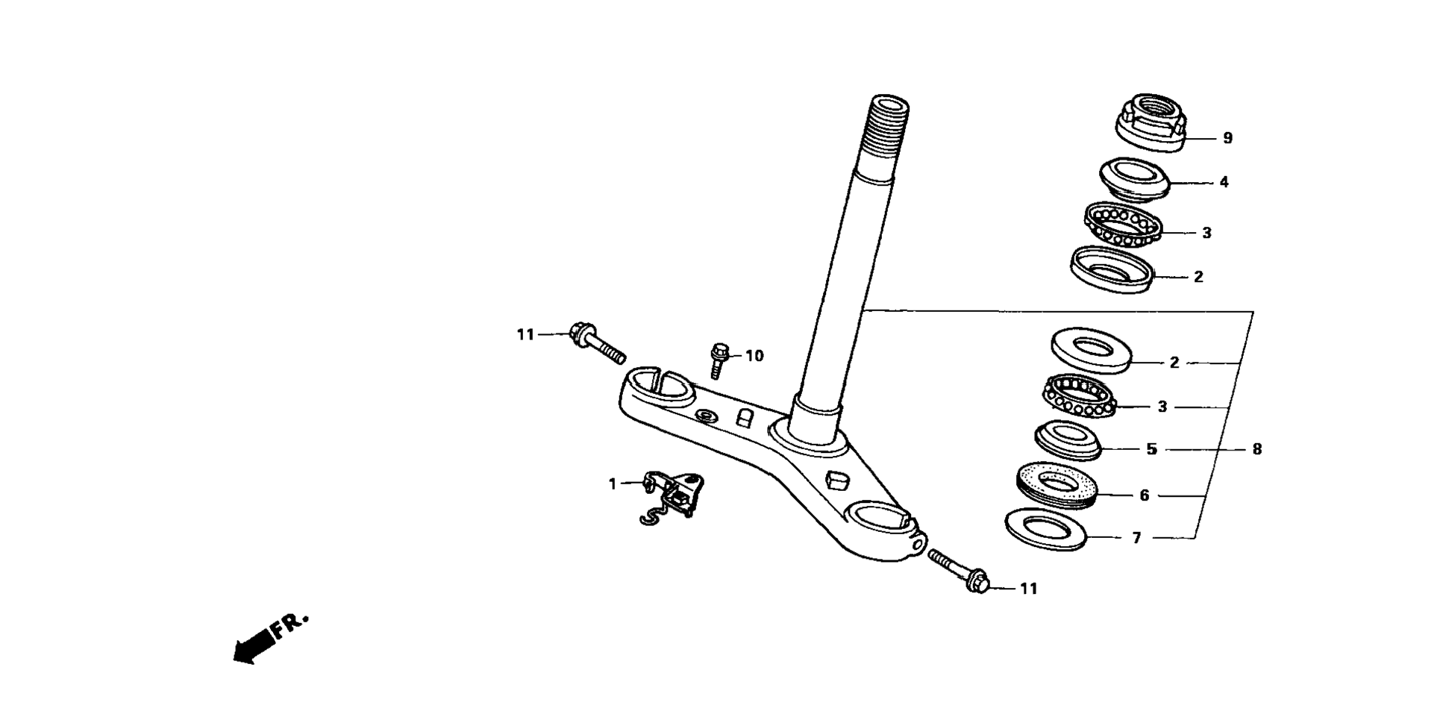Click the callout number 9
[1227, 138]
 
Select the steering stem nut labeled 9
[1150, 122]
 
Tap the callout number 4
[1224, 182]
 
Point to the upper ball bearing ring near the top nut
[1122, 224]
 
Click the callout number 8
[1257, 449]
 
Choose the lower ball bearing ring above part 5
[1079, 396]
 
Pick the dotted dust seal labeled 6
[1057, 486]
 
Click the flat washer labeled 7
[1046, 530]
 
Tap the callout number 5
[1151, 449]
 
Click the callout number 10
[754, 356]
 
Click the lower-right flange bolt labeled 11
[958, 571]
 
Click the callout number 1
[613, 484]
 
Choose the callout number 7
[1136, 538]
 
